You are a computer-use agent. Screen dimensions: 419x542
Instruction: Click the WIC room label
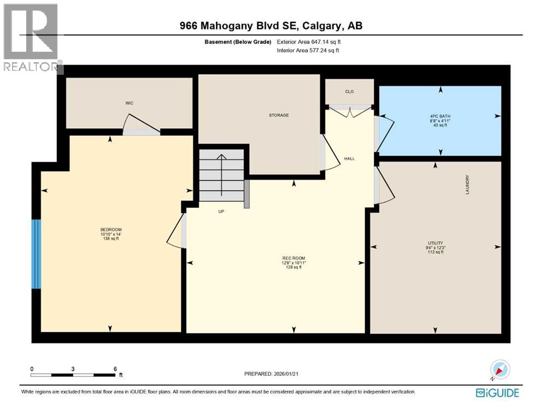(x=129, y=102)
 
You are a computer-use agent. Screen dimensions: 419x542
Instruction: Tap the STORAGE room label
(x=278, y=115)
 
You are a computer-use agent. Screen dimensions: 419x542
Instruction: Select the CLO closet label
(x=349, y=91)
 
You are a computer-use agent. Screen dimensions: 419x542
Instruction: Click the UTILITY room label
(x=435, y=243)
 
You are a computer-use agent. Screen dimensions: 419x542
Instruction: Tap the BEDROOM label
(x=110, y=229)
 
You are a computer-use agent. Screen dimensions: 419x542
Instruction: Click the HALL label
(x=349, y=159)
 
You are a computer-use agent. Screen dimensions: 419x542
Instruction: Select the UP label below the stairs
(x=221, y=211)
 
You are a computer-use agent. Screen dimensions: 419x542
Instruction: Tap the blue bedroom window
(x=36, y=254)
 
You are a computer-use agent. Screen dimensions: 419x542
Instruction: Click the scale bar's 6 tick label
(x=115, y=368)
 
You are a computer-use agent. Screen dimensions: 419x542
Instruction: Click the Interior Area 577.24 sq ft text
(x=309, y=50)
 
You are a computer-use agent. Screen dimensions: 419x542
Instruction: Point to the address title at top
(x=271, y=26)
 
